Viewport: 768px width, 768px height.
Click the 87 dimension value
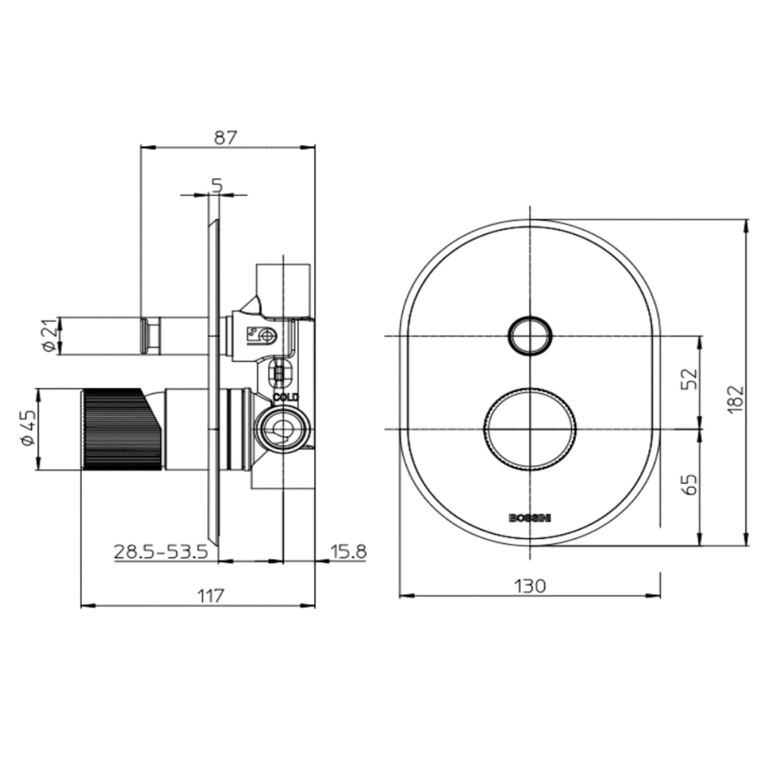click(x=225, y=137)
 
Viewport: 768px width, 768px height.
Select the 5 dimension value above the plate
click(x=217, y=186)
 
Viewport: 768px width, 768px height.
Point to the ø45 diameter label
click(x=28, y=429)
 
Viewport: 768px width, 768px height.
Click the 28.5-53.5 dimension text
click(x=161, y=551)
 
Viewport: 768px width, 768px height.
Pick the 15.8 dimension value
click(x=348, y=551)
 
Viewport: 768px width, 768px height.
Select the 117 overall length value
click(x=210, y=596)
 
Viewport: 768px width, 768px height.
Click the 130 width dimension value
click(x=530, y=585)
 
